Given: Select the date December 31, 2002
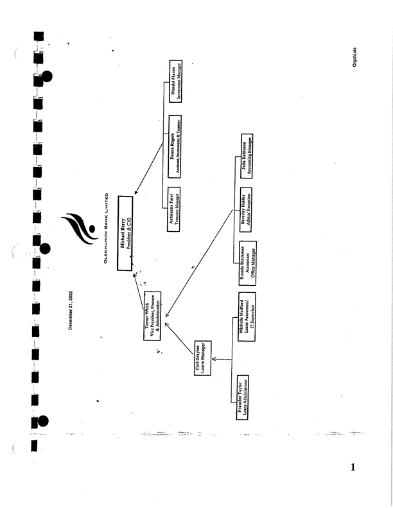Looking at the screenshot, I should coord(71,311).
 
